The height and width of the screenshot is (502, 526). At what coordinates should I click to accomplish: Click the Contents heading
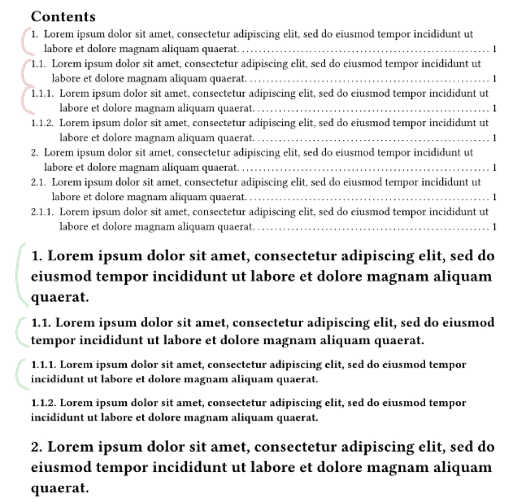[63, 17]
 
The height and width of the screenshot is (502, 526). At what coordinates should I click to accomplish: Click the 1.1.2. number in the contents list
[42, 123]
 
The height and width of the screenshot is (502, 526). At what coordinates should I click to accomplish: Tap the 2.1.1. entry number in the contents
[42, 212]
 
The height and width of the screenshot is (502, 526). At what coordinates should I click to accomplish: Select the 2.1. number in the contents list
[38, 182]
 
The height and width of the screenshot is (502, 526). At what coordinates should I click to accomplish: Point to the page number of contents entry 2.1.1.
[494, 227]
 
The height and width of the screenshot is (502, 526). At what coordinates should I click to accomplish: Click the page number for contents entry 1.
[494, 49]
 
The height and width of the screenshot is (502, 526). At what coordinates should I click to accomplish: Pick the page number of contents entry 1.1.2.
[494, 138]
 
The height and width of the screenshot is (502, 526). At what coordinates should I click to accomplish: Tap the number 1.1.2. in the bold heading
[44, 403]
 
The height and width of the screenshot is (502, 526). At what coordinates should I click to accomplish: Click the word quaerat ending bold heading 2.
[60, 488]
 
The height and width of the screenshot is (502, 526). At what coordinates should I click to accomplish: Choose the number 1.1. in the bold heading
[41, 323]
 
